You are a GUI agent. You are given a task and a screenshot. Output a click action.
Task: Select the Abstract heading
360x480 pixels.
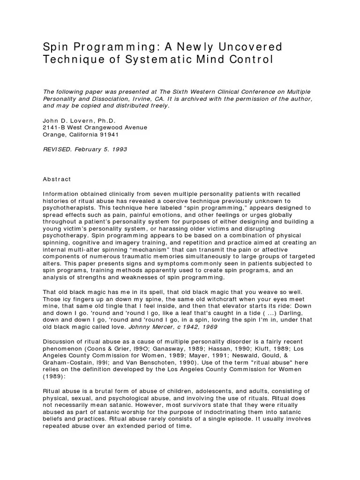[x=57, y=179]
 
